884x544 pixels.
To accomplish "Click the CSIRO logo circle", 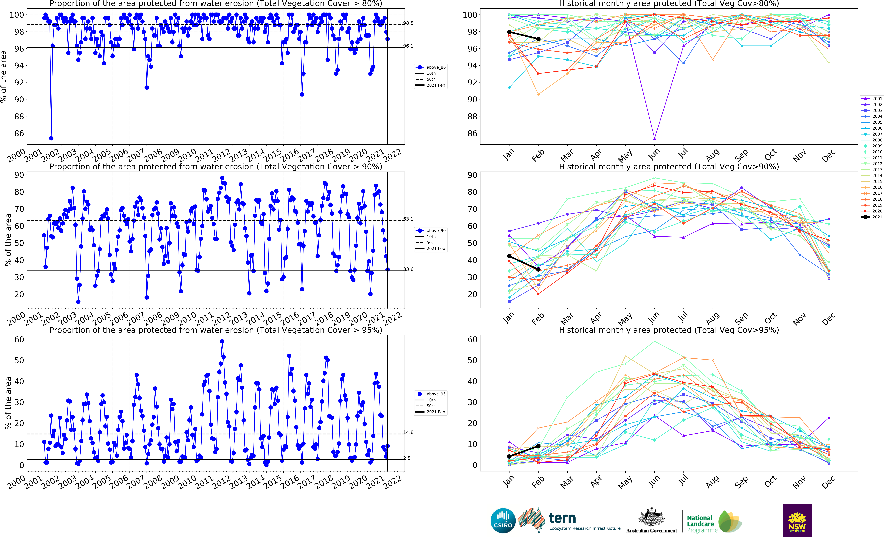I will coord(503,521).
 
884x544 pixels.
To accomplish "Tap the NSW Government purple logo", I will coord(797,521).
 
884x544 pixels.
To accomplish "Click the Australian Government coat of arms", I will coord(651,517).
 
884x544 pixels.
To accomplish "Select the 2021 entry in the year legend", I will coord(872,217).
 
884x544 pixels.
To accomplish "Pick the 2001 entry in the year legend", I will coord(872,99).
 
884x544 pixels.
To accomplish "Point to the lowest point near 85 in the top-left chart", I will coord(51,138).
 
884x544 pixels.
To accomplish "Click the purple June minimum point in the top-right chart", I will coord(654,138).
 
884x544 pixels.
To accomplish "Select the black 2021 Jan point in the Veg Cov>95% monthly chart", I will coord(509,456).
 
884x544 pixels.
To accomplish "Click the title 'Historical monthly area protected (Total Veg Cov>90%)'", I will coord(669,167).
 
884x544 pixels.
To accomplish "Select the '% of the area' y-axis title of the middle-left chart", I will coord(8,239).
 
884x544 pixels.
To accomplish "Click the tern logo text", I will coord(562,518).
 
